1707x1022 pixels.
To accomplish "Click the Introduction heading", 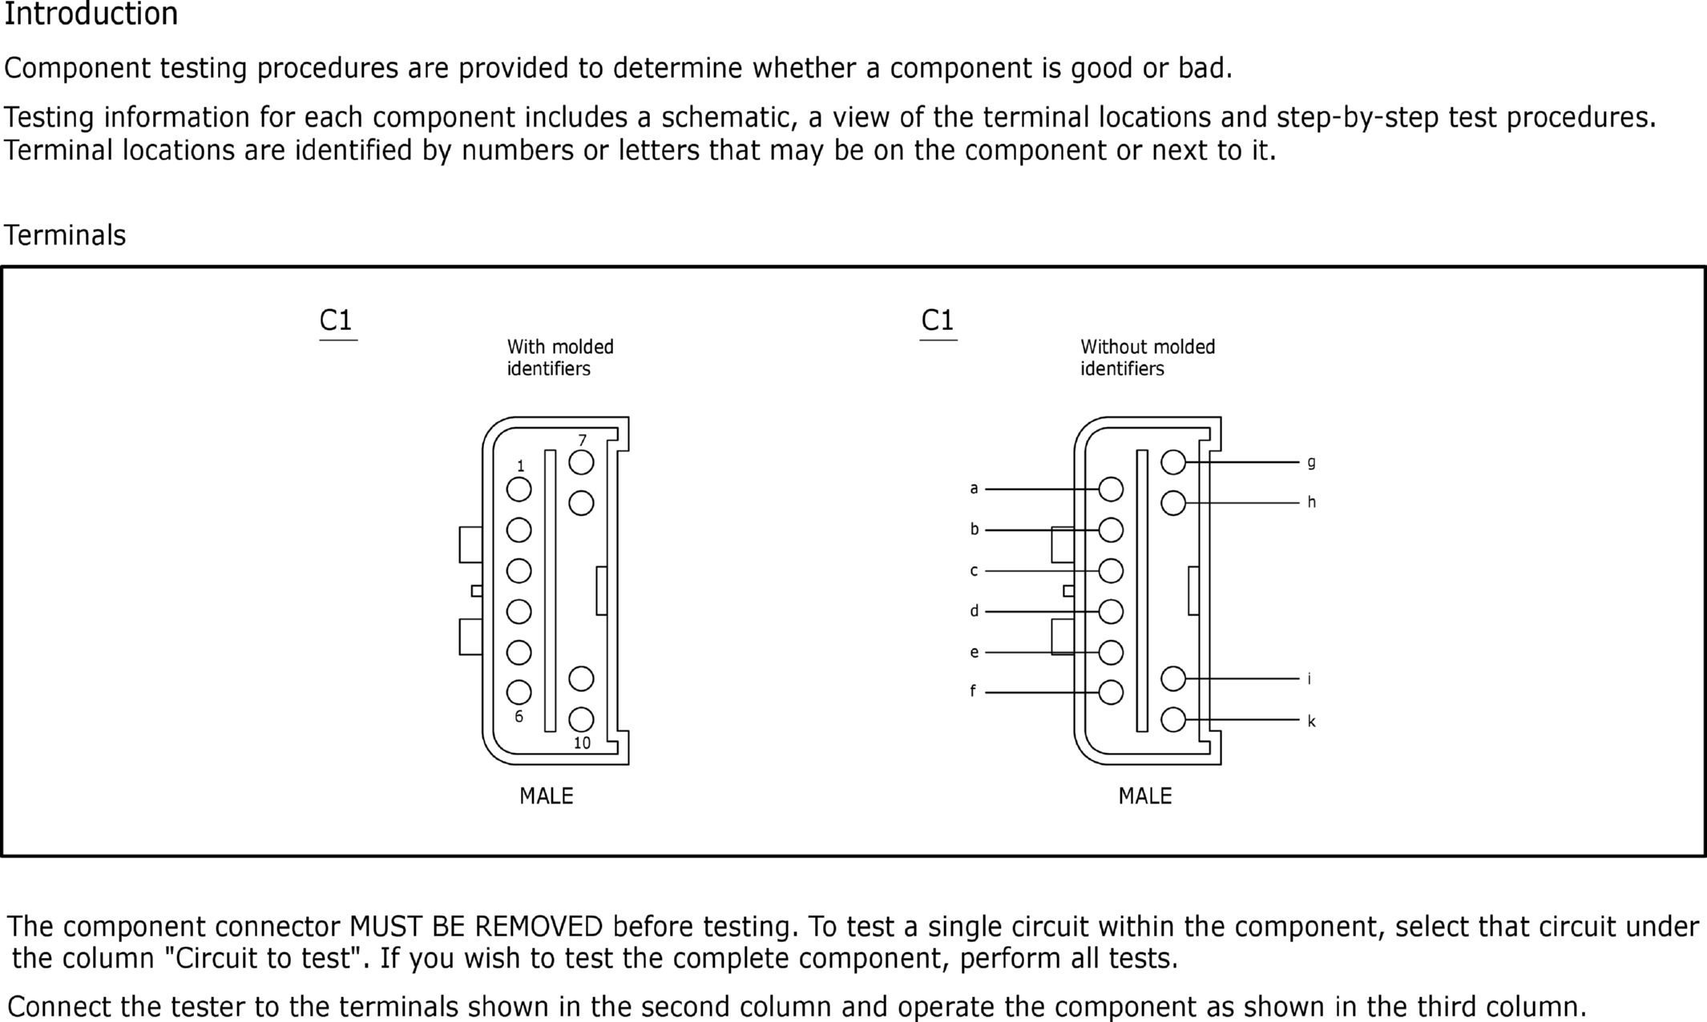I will pyautogui.click(x=91, y=14).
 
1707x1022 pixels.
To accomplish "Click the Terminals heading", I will pyautogui.click(x=65, y=235).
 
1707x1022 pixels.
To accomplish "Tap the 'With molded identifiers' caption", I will pyautogui.click(x=559, y=357).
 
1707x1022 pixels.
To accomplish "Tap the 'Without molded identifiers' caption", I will pyautogui.click(x=1147, y=357).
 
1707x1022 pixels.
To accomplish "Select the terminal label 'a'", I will pyautogui.click(x=974, y=489).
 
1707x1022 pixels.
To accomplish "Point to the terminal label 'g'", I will pyautogui.click(x=1311, y=462).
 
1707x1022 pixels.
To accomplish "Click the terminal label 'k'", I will pyautogui.click(x=1311, y=721).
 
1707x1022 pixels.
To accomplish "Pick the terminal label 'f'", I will pyautogui.click(x=973, y=691).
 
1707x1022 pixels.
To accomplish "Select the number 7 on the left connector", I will pyautogui.click(x=583, y=441).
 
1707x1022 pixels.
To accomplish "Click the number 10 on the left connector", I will pyautogui.click(x=582, y=743).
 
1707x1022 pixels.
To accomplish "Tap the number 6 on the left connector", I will pyautogui.click(x=519, y=717).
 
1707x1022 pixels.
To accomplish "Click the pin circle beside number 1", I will pyautogui.click(x=519, y=489).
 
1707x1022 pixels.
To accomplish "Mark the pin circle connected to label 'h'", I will pyautogui.click(x=1172, y=503).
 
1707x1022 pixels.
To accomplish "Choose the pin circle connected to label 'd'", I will pyautogui.click(x=1111, y=612).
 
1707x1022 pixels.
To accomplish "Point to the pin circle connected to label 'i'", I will pyautogui.click(x=1172, y=678).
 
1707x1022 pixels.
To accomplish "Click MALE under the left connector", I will pyautogui.click(x=546, y=796).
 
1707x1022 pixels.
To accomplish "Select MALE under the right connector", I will pyautogui.click(x=1144, y=796).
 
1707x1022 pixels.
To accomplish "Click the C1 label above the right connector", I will pyautogui.click(x=937, y=320).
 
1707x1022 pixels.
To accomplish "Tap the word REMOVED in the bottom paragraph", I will pyautogui.click(x=538, y=927).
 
